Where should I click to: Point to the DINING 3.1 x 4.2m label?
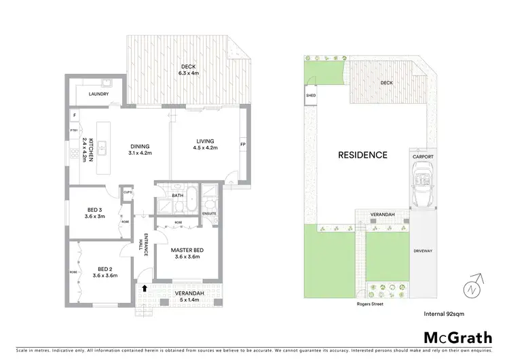click(140, 149)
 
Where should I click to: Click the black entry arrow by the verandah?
click(144, 288)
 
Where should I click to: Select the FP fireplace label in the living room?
click(242, 145)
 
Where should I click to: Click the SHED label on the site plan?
click(312, 96)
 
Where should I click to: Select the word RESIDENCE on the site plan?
click(362, 155)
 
